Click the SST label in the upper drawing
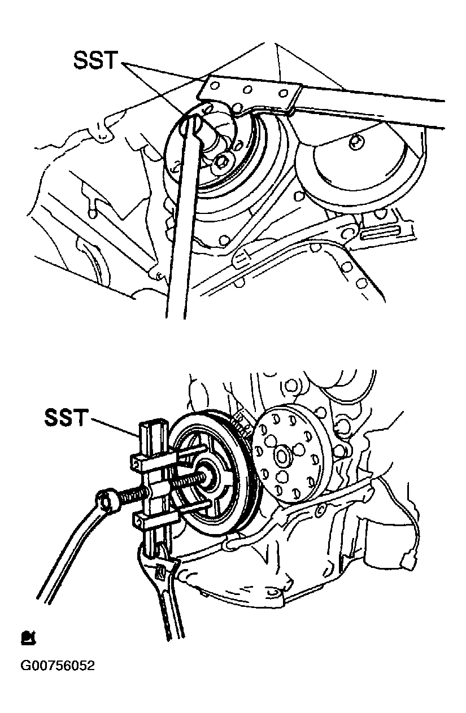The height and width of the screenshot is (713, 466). [x=95, y=60]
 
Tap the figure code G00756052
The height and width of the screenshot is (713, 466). [x=58, y=666]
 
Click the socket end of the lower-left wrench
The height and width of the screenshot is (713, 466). [x=108, y=500]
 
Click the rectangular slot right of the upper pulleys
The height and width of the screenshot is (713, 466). [x=382, y=230]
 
